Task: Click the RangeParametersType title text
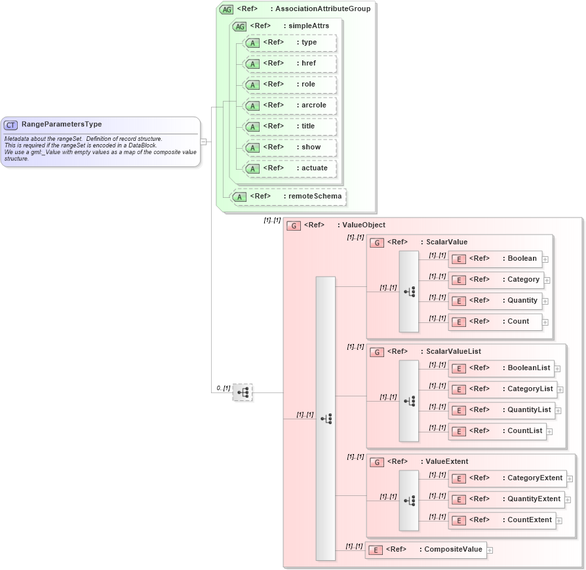(61, 124)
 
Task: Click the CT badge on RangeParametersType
(11, 124)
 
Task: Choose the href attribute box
(289, 64)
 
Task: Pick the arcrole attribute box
(289, 105)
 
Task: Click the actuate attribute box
(289, 168)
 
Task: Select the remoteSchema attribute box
(288, 197)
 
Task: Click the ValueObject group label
(364, 225)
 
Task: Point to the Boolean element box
(496, 259)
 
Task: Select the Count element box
(496, 322)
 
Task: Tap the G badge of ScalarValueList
(377, 352)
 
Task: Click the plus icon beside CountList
(550, 432)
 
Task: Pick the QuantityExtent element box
(506, 499)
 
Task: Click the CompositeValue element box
(426, 550)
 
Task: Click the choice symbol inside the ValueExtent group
(409, 500)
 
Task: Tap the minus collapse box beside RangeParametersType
(204, 141)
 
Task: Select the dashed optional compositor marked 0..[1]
(243, 392)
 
